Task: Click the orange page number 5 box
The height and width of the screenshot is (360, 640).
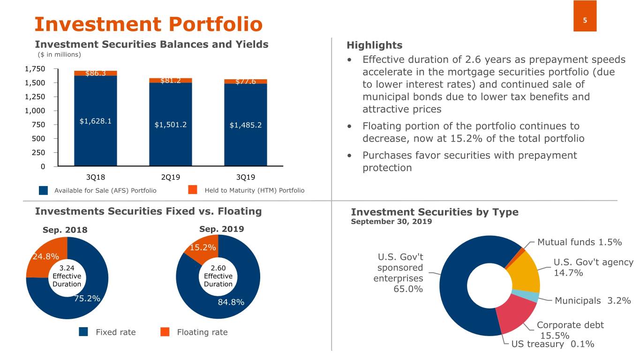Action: tap(585, 16)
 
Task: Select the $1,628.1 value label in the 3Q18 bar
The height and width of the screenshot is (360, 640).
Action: tap(96, 121)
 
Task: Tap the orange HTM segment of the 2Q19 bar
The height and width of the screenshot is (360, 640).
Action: tap(171, 80)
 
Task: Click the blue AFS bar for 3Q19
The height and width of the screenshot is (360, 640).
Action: tap(245, 125)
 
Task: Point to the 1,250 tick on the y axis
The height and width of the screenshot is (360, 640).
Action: tap(35, 97)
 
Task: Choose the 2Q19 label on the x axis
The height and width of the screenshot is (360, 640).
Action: tap(171, 177)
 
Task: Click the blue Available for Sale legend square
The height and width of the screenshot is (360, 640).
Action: tap(44, 191)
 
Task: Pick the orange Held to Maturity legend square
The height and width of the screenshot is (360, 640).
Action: tap(193, 190)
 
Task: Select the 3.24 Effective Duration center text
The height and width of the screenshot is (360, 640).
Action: tap(67, 276)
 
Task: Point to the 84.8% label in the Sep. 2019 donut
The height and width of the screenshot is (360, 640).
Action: tap(231, 302)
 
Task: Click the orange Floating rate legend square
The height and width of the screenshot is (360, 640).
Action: tap(165, 332)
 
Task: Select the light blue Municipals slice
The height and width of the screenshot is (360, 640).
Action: tap(525, 296)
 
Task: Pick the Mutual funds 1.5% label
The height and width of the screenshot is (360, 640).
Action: tap(580, 242)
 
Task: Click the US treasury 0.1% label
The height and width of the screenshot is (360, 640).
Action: tap(553, 344)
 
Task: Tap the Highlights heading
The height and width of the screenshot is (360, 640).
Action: tap(374, 45)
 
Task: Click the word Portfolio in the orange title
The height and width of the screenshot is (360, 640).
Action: tap(216, 24)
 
